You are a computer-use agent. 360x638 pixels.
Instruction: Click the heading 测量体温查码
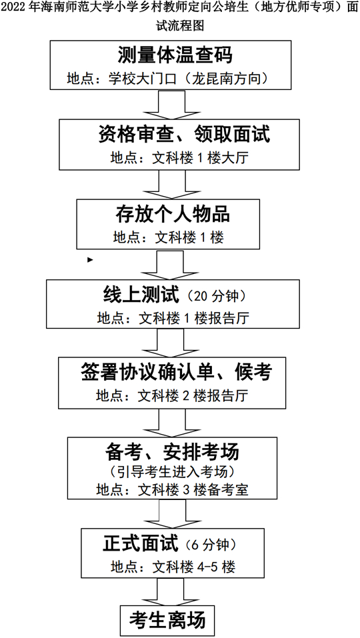tap(175, 54)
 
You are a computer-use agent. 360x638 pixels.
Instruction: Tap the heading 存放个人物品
tap(173, 214)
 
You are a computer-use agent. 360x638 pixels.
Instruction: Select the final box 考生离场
tap(167, 621)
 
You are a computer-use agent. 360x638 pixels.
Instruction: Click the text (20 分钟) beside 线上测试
tap(215, 296)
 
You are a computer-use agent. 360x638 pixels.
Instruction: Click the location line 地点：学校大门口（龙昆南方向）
tap(169, 78)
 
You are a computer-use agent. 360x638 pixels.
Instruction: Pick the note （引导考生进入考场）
tap(173, 471)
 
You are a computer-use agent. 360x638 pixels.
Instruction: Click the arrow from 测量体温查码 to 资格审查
tap(171, 104)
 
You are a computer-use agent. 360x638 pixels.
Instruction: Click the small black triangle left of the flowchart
tap(90, 259)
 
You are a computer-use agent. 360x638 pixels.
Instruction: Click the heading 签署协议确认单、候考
tap(176, 373)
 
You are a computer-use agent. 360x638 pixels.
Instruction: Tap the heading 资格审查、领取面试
tap(184, 134)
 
